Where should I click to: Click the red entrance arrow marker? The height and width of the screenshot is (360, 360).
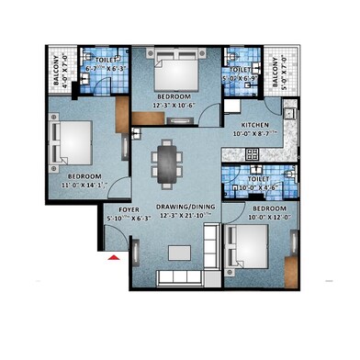tap(114, 261)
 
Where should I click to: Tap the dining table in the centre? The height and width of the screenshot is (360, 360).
tap(166, 163)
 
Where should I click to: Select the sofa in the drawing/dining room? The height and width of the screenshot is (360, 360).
tap(180, 276)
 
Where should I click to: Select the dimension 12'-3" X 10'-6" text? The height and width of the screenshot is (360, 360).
tap(174, 105)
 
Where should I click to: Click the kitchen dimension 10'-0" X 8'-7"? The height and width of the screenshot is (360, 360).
tap(262, 134)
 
